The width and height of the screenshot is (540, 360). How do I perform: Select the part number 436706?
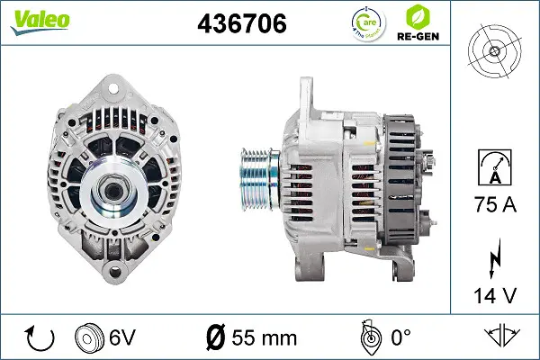point(241,24)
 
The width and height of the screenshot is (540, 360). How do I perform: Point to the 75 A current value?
point(496,205)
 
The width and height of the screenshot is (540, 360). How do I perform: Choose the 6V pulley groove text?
point(123,338)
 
